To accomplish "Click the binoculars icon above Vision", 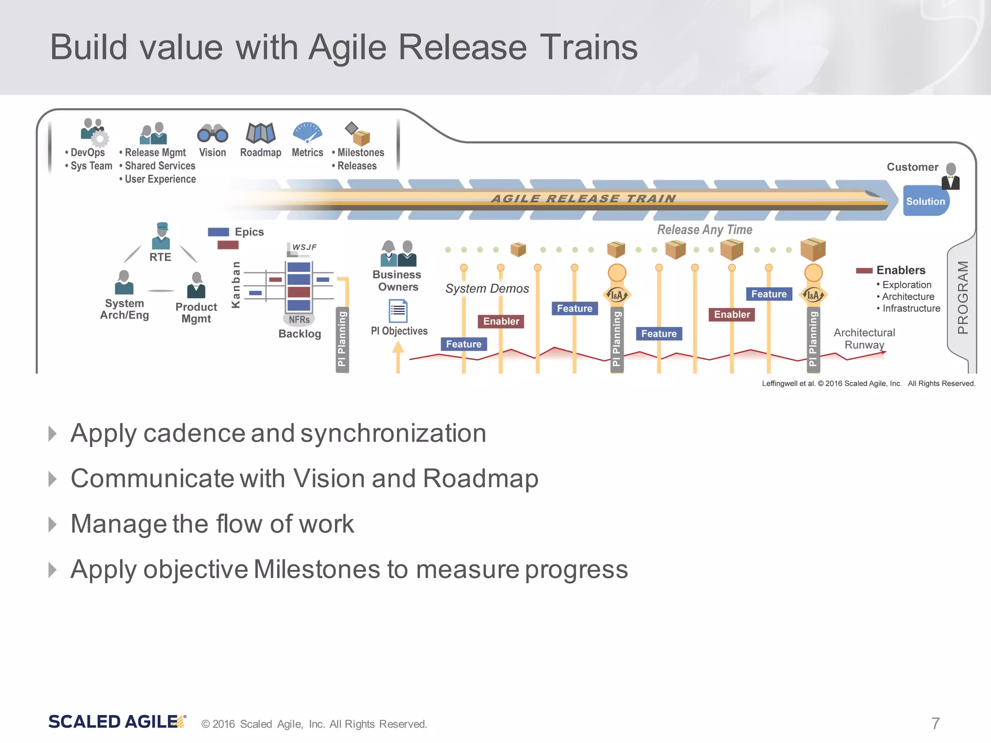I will pyautogui.click(x=212, y=133).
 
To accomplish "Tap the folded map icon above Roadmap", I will pyautogui.click(x=260, y=133).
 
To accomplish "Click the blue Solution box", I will pyautogui.click(x=925, y=201).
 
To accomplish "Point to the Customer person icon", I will pyautogui.click(x=950, y=176).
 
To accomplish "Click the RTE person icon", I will pyautogui.click(x=161, y=236).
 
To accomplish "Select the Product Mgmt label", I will pyautogui.click(x=196, y=312).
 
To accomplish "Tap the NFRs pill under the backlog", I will pyautogui.click(x=299, y=319).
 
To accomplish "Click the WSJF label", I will pyautogui.click(x=304, y=247).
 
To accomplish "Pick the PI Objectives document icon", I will pyautogui.click(x=398, y=311).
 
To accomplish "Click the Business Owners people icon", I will pyautogui.click(x=398, y=253).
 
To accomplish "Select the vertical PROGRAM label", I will pyautogui.click(x=963, y=297).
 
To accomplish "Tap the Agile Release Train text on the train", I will pyautogui.click(x=584, y=198).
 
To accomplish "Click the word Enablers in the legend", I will pyautogui.click(x=901, y=270).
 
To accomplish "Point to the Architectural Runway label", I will pyautogui.click(x=864, y=339).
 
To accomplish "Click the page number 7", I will pyautogui.click(x=935, y=723).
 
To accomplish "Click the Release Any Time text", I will pyautogui.click(x=705, y=230).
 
